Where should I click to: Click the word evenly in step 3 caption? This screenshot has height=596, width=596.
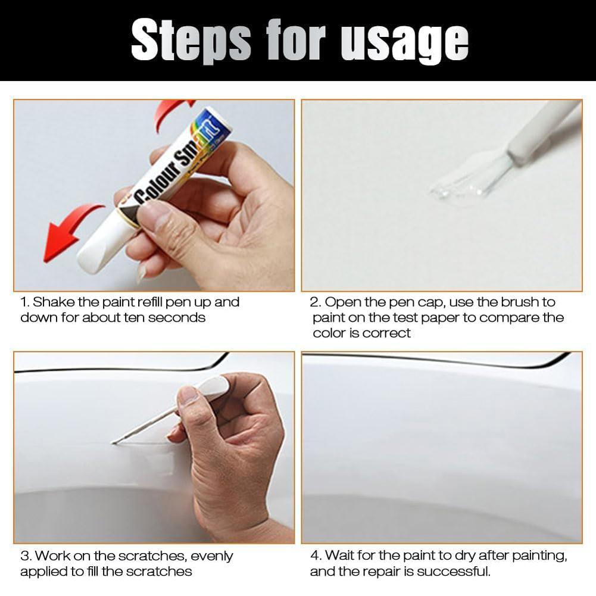pyautogui.click(x=211, y=556)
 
